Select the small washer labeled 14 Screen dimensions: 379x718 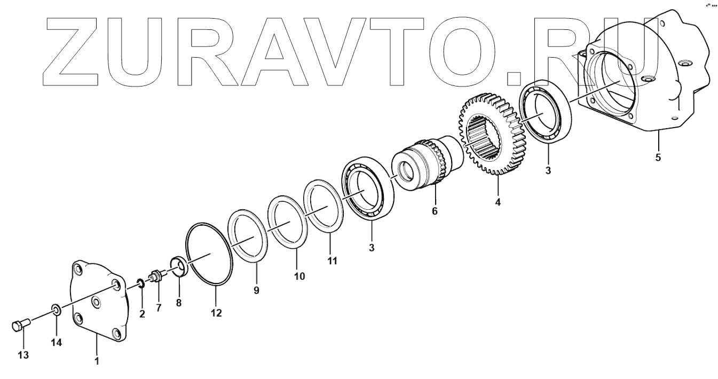pos(55,309)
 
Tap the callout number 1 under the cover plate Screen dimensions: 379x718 pos(97,361)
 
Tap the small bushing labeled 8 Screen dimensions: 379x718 pos(178,266)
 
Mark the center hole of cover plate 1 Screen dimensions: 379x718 pos(96,303)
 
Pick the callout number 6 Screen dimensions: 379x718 pos(434,211)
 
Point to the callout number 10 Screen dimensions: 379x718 pos(299,276)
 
